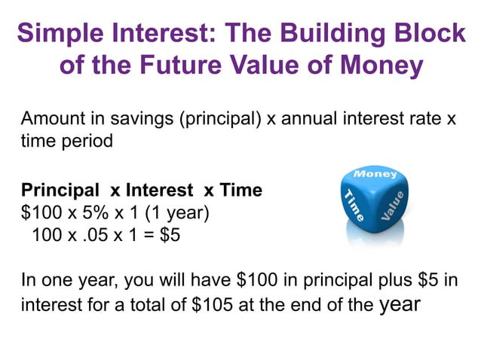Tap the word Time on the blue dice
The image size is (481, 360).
pyautogui.click(x=354, y=206)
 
